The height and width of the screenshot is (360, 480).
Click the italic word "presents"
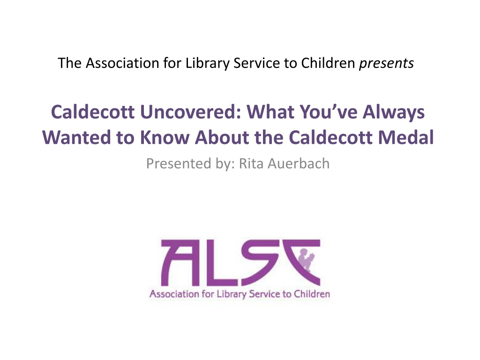(x=386, y=64)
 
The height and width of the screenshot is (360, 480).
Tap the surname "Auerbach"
(x=299, y=163)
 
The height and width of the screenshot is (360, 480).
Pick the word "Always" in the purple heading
(x=394, y=112)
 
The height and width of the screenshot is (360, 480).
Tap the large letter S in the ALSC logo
(x=261, y=262)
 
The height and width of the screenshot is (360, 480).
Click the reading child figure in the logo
(x=307, y=260)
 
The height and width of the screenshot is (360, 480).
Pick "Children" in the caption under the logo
(x=312, y=294)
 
